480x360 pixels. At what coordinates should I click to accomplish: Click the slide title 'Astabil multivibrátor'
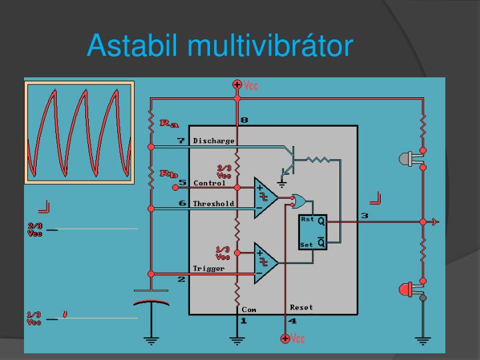219,45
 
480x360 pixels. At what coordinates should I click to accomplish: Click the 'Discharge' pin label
213,141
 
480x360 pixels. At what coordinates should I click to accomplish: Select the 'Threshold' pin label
213,203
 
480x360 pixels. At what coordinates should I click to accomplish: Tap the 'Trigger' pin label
209,268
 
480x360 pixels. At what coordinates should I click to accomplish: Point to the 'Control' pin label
209,183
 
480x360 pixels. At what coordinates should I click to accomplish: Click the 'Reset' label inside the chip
301,307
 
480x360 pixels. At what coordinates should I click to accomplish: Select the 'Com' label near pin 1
249,309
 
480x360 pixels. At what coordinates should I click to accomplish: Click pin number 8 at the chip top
244,120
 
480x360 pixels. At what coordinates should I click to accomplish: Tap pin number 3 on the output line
364,215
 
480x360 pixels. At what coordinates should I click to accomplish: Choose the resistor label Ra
169,123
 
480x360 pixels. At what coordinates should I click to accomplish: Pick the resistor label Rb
169,174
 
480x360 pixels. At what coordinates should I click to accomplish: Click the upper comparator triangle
265,197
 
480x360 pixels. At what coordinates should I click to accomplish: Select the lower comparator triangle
265,262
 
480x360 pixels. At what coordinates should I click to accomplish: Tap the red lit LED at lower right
407,289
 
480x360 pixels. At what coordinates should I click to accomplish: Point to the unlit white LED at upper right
407,159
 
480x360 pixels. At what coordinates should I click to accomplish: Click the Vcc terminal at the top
237,85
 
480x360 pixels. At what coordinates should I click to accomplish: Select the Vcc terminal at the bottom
285,339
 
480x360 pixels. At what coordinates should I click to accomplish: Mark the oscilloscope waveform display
79,131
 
